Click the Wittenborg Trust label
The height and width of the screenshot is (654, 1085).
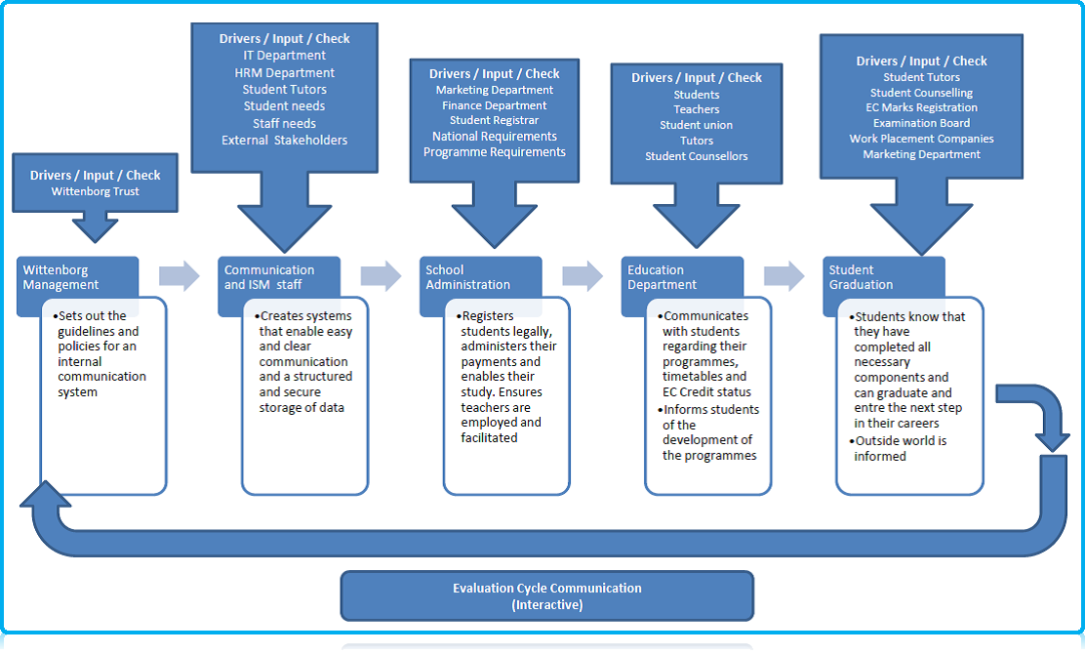click(x=96, y=192)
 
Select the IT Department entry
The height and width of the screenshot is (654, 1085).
click(x=285, y=56)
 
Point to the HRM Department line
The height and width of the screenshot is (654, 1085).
click(x=285, y=72)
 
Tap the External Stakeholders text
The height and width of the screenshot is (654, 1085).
click(x=285, y=140)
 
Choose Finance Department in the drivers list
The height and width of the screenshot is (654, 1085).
click(x=495, y=105)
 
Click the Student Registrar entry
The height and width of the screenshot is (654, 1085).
click(x=495, y=121)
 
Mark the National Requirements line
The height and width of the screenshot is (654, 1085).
click(x=495, y=137)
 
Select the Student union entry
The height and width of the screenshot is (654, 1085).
click(x=697, y=125)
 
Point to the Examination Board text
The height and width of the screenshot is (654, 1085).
click(x=921, y=123)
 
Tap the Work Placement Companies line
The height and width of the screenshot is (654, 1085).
click(x=921, y=139)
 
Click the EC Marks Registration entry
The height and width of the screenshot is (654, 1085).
click(x=921, y=107)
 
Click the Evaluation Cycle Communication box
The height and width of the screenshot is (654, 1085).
click(x=547, y=595)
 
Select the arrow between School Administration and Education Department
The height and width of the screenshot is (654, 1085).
click(x=583, y=276)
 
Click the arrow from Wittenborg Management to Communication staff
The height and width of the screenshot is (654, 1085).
click(x=180, y=276)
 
